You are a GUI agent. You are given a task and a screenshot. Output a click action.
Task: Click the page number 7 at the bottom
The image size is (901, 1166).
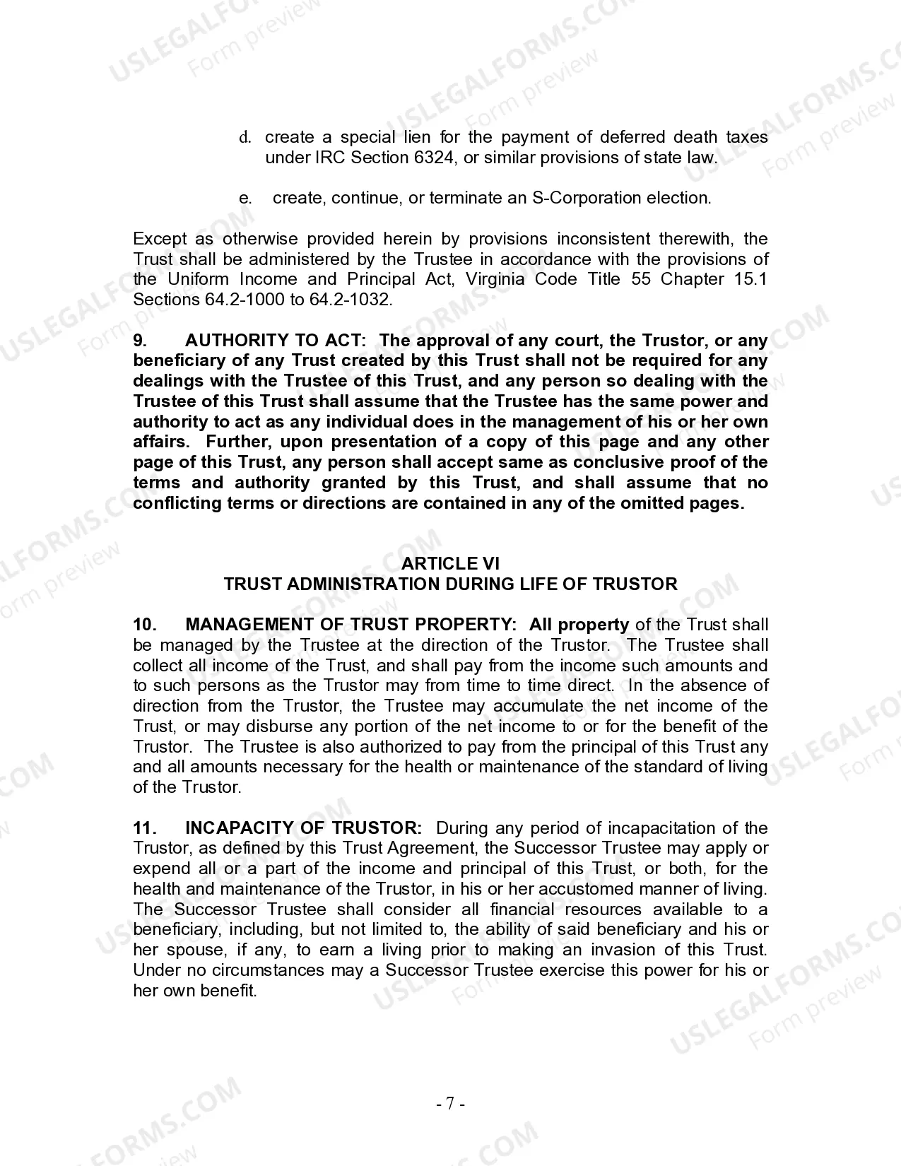[450, 1103]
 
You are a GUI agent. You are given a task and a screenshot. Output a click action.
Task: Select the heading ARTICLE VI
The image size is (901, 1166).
[450, 563]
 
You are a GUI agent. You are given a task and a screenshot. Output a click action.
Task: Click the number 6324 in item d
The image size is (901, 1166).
[431, 158]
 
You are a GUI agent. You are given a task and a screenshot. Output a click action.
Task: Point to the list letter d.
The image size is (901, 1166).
[244, 137]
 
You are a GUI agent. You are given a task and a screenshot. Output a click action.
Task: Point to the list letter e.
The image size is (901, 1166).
[245, 198]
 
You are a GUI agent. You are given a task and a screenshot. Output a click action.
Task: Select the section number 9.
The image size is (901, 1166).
[140, 341]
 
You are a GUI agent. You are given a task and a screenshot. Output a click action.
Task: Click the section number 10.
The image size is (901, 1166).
[144, 625]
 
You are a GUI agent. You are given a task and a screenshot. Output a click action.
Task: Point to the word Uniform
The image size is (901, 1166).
[197, 279]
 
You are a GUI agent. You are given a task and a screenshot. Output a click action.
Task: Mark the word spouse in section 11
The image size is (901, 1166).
[195, 950]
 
